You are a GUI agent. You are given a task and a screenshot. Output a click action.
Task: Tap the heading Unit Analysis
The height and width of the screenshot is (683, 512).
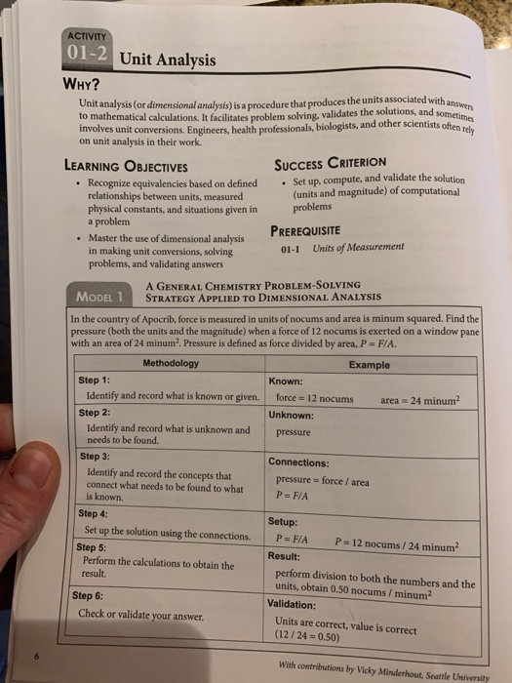point(165,61)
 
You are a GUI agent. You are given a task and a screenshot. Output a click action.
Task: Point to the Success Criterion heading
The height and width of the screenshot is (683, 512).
point(331,162)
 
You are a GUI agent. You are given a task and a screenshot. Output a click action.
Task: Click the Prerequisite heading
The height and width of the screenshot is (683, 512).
point(317,230)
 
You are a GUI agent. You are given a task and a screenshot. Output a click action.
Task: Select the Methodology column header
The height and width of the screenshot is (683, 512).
point(170,363)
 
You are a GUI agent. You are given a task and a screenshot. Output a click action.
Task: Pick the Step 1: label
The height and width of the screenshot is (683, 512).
point(98,380)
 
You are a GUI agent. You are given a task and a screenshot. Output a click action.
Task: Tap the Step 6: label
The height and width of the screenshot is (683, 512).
point(91,595)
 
